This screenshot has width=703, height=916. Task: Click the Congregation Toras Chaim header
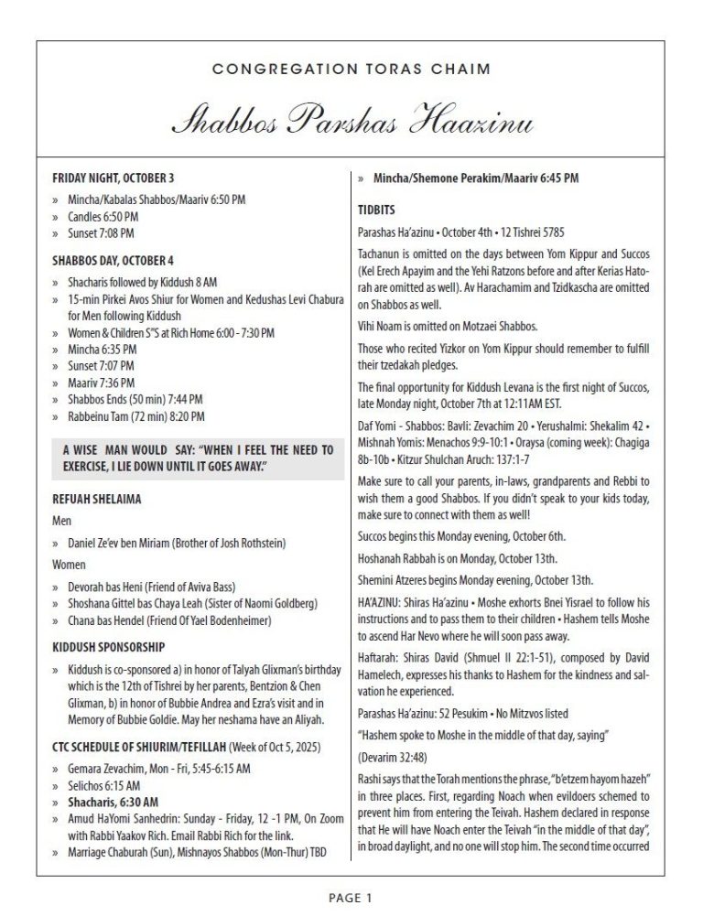click(351, 69)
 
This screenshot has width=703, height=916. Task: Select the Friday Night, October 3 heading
click(113, 178)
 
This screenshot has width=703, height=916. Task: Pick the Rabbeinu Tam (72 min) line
click(135, 416)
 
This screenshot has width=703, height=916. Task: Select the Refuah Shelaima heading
click(96, 500)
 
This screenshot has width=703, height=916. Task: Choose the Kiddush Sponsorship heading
click(108, 646)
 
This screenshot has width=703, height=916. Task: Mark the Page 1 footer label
click(351, 898)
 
